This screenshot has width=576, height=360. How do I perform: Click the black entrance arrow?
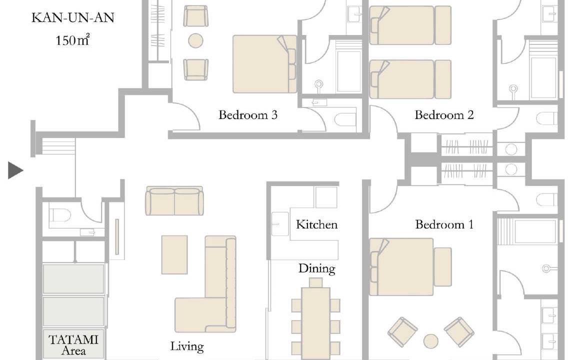(14, 170)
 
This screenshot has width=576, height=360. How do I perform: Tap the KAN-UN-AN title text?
(72, 18)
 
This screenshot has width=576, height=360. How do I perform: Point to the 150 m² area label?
(72, 39)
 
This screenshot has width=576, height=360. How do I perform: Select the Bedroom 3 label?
(248, 115)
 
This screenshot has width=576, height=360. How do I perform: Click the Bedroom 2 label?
(444, 115)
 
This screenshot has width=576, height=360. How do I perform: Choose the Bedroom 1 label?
(444, 224)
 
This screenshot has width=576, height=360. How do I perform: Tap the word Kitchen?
(316, 224)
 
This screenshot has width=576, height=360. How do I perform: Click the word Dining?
(316, 269)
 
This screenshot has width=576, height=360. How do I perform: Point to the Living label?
(187, 346)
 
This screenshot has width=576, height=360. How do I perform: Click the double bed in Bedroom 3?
(264, 64)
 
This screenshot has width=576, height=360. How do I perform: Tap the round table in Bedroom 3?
(195, 40)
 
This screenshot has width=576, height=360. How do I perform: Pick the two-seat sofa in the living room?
(174, 200)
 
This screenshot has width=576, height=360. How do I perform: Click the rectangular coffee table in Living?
(174, 254)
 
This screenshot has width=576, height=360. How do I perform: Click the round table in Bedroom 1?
(430, 341)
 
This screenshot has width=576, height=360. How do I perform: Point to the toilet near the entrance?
(59, 215)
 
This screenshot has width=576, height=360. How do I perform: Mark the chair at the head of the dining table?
(315, 282)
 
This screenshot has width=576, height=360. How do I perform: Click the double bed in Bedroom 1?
(410, 267)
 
